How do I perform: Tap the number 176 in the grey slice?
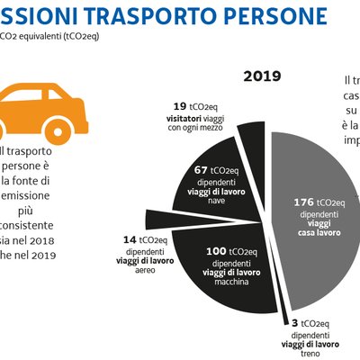click(x=304, y=202)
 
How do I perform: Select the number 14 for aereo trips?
click(x=130, y=241)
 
